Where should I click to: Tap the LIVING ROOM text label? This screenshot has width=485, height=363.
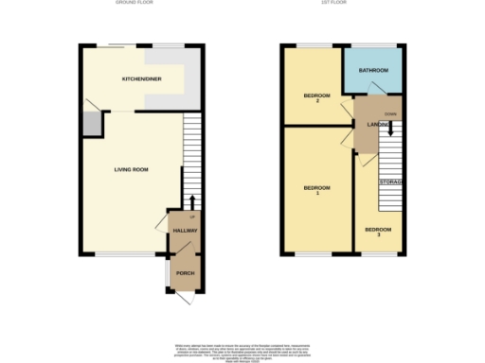click(132, 169)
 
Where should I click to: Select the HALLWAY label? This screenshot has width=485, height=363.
click(183, 231)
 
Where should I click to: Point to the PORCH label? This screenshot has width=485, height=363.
click(184, 273)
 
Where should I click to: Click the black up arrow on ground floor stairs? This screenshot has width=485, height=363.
click(192, 202)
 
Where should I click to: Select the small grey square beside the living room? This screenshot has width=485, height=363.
click(92, 125)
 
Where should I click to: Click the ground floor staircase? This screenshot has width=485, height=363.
click(192, 156)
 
